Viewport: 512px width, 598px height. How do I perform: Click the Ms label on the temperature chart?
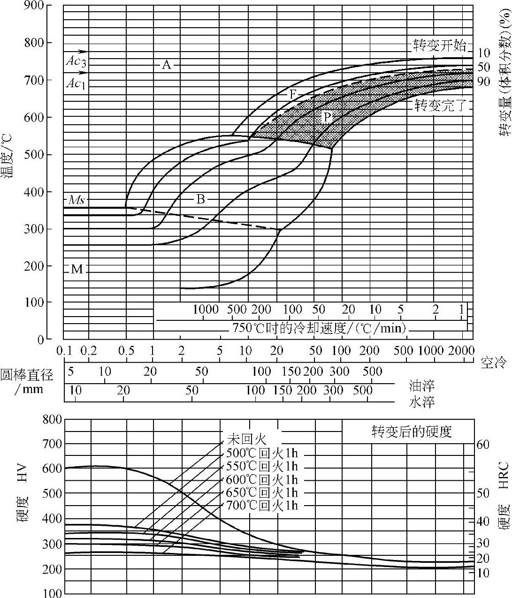point(76,200)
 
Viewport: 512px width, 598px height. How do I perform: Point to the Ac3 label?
point(76,61)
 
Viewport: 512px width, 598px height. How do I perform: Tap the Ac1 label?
point(76,84)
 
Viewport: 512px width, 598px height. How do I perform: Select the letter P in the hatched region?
point(328,117)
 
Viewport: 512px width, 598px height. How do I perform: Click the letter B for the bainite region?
point(200,200)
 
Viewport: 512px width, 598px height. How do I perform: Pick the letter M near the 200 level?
point(76,269)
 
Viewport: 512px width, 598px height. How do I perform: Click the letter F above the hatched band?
point(293,94)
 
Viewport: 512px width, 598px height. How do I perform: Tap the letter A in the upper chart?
point(167,65)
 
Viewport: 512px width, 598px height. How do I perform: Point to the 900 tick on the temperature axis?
point(47,6)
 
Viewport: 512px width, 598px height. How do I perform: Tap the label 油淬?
point(422,386)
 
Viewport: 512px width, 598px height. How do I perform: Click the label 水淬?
point(422,402)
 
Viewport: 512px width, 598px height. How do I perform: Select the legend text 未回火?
point(247,439)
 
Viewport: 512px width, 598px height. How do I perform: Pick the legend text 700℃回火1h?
point(262,505)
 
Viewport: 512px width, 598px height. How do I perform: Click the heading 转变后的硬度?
point(412,431)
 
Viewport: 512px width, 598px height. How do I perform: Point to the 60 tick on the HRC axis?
point(483,444)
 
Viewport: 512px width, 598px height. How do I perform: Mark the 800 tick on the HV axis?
point(52,419)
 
